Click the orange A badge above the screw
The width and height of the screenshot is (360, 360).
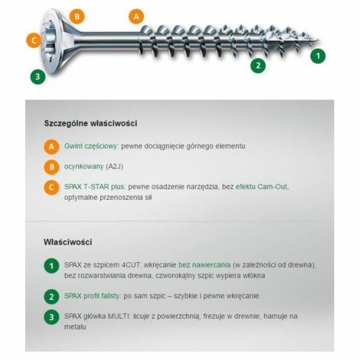point(136,16)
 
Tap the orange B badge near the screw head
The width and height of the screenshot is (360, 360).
point(77,16)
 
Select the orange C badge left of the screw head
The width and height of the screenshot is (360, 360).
point(34,40)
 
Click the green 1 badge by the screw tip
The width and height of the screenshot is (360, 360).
point(318,56)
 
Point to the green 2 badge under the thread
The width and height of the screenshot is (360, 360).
point(258,65)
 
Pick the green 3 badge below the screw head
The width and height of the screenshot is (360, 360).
point(38,76)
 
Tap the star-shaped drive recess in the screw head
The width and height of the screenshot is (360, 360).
point(49,41)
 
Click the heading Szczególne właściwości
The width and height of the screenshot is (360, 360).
point(91,123)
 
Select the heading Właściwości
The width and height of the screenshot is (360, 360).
point(68,242)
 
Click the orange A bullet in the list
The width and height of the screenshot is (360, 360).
point(52,146)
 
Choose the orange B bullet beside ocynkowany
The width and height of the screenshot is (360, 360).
point(52,167)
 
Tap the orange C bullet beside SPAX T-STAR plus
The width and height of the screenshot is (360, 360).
point(52,187)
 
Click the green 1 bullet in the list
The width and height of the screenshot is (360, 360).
point(52,266)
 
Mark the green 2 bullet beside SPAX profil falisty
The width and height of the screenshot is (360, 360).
point(52,296)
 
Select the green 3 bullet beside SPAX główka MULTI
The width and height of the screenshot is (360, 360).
point(52,317)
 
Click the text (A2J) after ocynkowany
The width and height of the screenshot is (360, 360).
point(115,166)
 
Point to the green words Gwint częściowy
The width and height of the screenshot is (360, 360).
point(92,146)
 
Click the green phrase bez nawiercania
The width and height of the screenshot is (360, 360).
point(205,265)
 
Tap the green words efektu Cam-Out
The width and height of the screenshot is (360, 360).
point(262,187)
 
